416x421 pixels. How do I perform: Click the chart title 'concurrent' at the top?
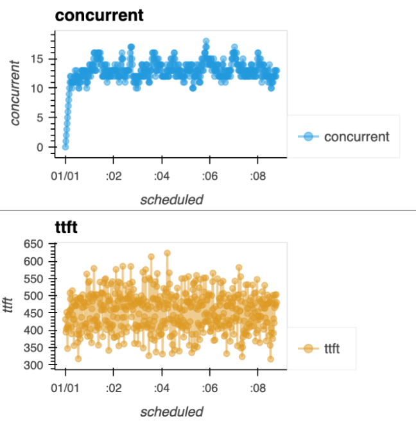pyautogui.click(x=99, y=15)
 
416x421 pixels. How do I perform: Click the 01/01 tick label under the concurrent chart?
pyautogui.click(x=65, y=175)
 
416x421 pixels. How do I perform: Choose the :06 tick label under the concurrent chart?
pyautogui.click(x=209, y=175)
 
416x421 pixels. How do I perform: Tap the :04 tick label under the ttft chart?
pyautogui.click(x=161, y=388)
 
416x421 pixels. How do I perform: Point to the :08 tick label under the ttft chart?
pyautogui.click(x=257, y=388)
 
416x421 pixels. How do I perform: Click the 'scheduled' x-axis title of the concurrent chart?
pyautogui.click(x=171, y=200)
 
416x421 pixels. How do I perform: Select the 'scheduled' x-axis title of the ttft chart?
pyautogui.click(x=171, y=412)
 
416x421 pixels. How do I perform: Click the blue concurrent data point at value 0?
pyautogui.click(x=65, y=147)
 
